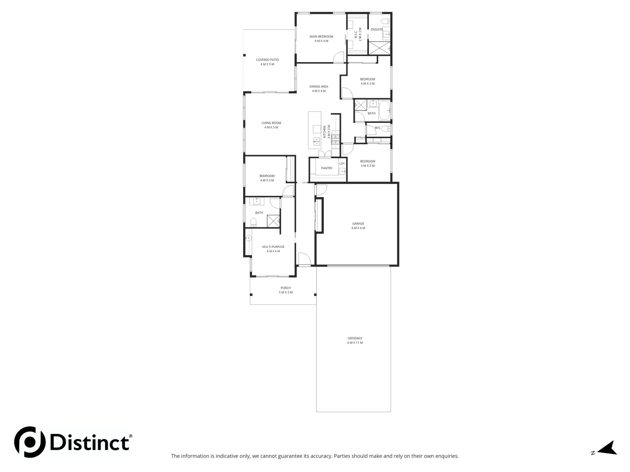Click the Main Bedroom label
pos(321,37)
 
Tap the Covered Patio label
pos(267,60)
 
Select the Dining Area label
pos(318,87)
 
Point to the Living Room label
pos(271,123)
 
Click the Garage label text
pos(358,224)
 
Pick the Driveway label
pos(355,338)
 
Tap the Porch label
pos(286,288)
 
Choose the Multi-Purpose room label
pos(273,247)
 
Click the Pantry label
pos(326,168)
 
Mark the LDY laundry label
pos(342,164)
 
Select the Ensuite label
pos(377,30)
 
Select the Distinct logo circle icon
pos(30,442)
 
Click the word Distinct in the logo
pos(90,442)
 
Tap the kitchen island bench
pos(315,129)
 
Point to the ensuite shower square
pos(379,48)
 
